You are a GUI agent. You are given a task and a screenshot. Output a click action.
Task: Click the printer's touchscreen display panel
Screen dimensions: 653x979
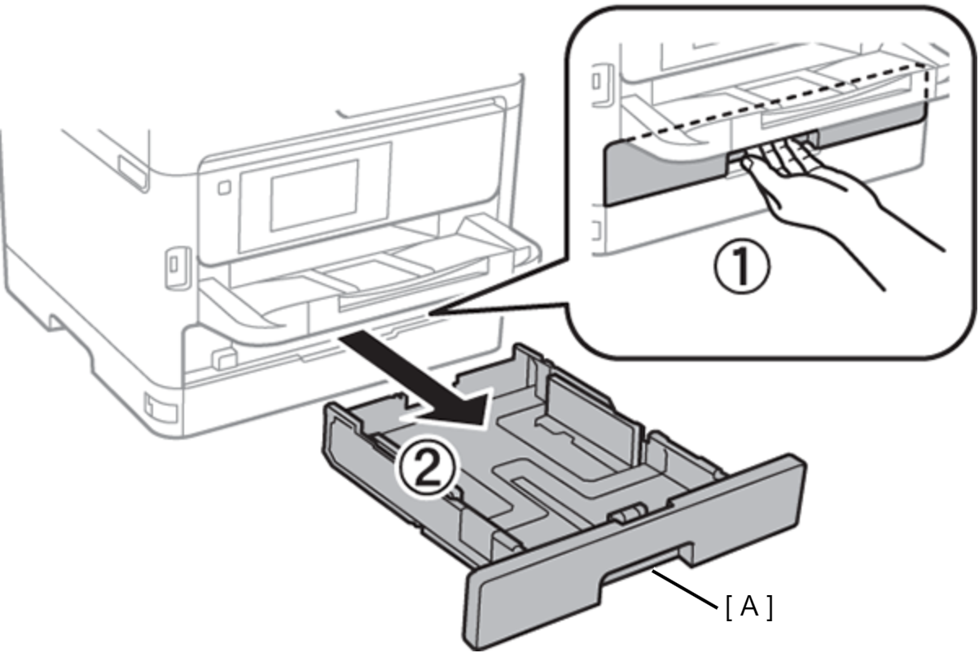pyautogui.click(x=314, y=194)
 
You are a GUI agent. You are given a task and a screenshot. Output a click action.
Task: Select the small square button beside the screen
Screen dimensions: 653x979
pyautogui.click(x=224, y=187)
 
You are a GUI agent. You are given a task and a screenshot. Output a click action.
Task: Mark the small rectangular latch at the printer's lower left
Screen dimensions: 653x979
pyautogui.click(x=155, y=405)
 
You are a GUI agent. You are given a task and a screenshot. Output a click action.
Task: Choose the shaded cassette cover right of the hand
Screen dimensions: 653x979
pyautogui.click(x=871, y=130)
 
